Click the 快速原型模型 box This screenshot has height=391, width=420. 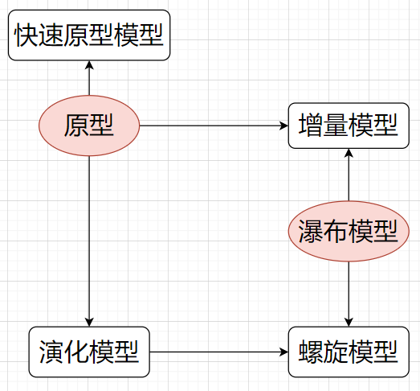point(89,35)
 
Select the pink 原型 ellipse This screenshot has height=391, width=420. point(89,126)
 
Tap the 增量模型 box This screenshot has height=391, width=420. point(349,126)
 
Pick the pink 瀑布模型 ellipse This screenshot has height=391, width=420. point(349,231)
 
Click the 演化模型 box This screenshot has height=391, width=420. point(89,352)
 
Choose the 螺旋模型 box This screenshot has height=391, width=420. point(349,352)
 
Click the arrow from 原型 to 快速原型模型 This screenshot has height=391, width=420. point(89,78)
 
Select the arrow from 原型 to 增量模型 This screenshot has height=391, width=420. point(214,126)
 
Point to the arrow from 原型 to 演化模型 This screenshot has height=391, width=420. point(89,241)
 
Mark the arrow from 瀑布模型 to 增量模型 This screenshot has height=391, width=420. point(349,175)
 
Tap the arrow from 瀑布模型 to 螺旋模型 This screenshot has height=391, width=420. point(349,294)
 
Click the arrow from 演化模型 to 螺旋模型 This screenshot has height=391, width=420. point(219,352)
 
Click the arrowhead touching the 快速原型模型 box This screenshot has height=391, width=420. point(89,64)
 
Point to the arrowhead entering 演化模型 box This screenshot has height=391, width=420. point(89,323)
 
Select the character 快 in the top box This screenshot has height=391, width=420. point(27,35)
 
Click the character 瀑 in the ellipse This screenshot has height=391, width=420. point(311,231)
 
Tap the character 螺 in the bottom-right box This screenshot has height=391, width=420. point(311,352)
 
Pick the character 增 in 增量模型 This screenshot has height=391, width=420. point(311,126)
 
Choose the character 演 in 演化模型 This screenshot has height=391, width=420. point(51,352)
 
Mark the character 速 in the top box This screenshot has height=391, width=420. point(51,35)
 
